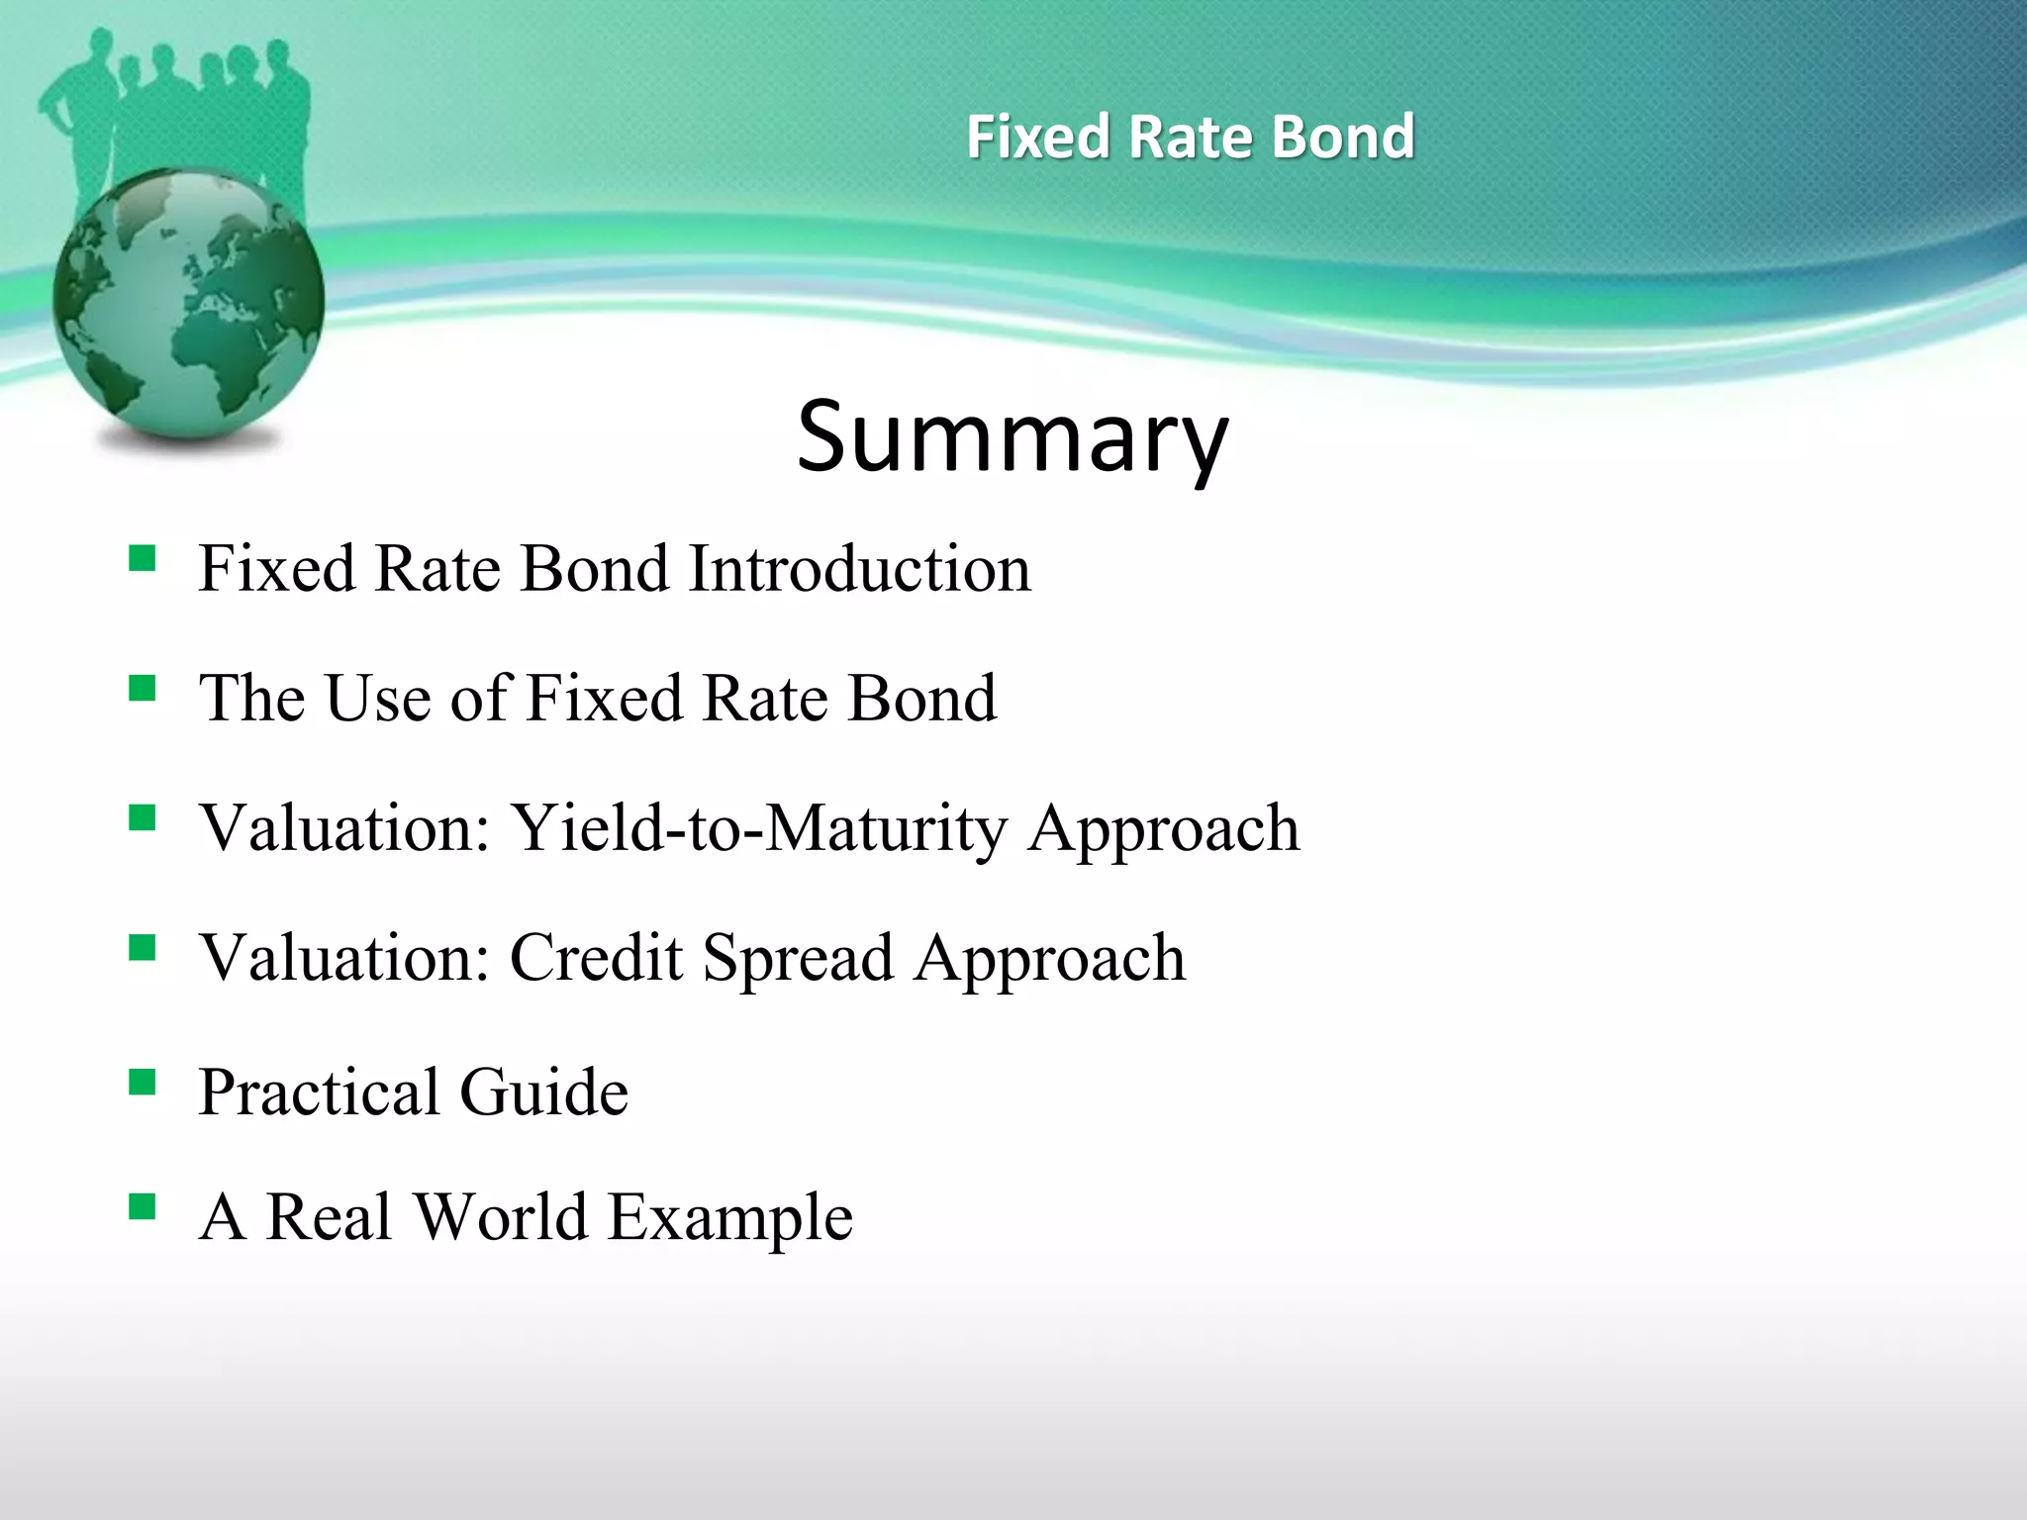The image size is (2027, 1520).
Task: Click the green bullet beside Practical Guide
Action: [x=143, y=1083]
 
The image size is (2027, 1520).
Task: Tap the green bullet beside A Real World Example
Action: [x=143, y=1206]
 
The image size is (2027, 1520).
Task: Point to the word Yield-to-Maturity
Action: [x=758, y=828]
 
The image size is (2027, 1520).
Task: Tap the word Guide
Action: [x=543, y=1092]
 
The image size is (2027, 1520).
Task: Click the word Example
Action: [x=729, y=1218]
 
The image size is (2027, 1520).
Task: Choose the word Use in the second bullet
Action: [x=379, y=699]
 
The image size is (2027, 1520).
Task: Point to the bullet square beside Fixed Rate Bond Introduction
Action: [x=143, y=559]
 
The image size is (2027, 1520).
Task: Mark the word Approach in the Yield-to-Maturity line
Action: [x=1163, y=830]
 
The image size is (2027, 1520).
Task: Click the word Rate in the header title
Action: [x=1192, y=137]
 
